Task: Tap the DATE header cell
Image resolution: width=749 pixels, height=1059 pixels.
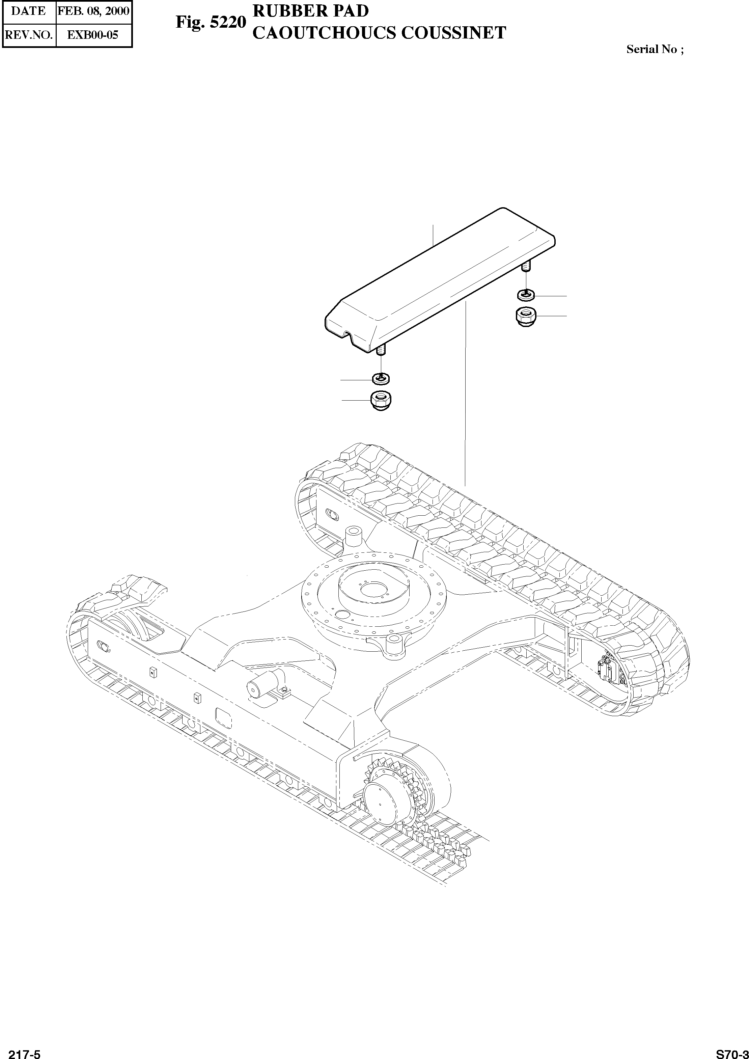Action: tap(29, 11)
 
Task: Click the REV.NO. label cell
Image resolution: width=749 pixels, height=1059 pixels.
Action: tap(29, 35)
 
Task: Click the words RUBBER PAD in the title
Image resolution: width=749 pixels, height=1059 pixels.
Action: tap(311, 11)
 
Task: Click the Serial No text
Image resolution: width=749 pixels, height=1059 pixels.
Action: tap(655, 50)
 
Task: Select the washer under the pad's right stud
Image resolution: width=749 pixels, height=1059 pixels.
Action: tap(526, 294)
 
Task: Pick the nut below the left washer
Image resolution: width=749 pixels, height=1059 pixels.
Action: tap(381, 400)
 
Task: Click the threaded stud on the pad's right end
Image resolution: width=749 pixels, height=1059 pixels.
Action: tap(526, 267)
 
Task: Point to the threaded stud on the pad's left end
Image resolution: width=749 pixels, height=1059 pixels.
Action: tap(381, 351)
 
